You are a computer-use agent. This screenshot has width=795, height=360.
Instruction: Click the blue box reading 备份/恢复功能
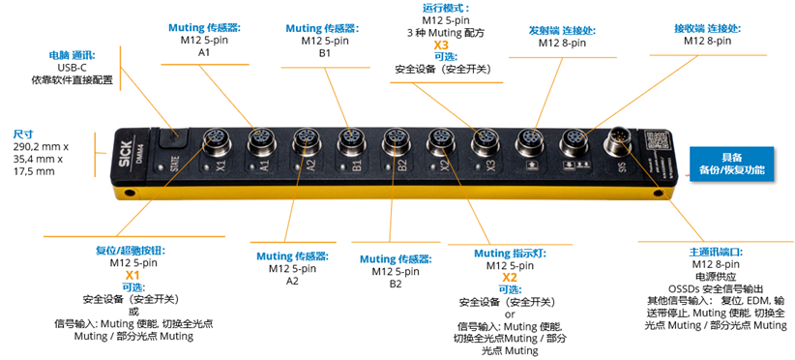731,168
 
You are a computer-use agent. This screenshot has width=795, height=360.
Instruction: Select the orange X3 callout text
441,45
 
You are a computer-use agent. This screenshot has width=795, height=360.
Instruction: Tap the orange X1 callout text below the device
132,275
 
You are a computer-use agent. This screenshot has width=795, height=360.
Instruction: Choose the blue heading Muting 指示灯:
510,253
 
